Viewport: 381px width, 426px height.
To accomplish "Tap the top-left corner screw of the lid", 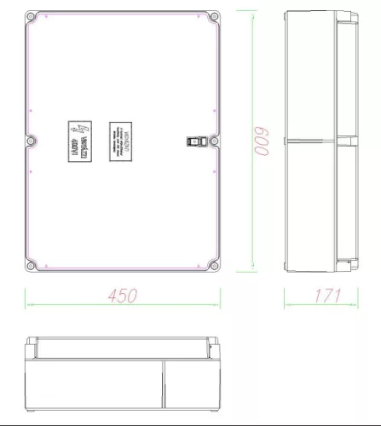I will tap(32, 16).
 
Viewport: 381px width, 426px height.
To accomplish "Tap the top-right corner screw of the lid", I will tap(213, 16).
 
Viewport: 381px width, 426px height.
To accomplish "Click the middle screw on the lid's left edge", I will tap(32, 141).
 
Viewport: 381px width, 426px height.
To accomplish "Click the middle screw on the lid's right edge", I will tap(214, 141).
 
